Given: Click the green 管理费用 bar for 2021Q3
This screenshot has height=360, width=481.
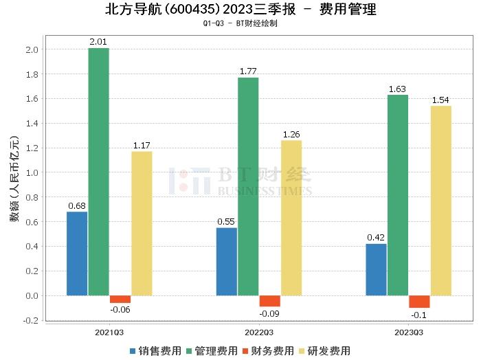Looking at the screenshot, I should (x=98, y=172).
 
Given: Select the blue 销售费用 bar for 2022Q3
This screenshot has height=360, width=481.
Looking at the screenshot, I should (x=226, y=262).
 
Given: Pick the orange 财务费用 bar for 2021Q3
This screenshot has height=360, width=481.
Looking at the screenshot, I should (x=120, y=300).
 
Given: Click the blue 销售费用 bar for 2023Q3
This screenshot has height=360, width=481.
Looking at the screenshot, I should (x=376, y=270).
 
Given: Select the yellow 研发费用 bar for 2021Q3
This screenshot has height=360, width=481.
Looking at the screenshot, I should (x=142, y=223).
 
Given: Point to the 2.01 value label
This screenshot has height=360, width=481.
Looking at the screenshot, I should (x=98, y=43).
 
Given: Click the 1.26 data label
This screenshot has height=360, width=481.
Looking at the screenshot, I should (x=291, y=135).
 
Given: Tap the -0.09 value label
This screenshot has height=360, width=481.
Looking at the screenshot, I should (x=269, y=314).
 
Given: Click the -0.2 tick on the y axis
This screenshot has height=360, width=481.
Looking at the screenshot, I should (x=30, y=320).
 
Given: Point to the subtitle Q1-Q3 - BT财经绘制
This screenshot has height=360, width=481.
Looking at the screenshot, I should (x=240, y=23).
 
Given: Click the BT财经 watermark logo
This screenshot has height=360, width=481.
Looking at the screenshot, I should (x=240, y=181).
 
